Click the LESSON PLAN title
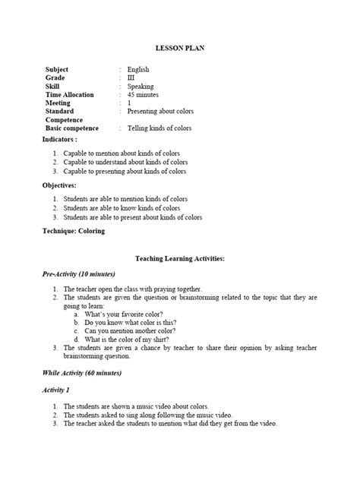pyautogui.click(x=179, y=48)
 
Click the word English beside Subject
pyautogui.click(x=138, y=69)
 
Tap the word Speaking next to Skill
pyautogui.click(x=141, y=86)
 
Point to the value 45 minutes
pyautogui.click(x=144, y=94)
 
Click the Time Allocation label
pyautogui.click(x=70, y=94)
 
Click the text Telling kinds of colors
pyautogui.click(x=159, y=128)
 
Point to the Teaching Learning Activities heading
pyautogui.click(x=179, y=258)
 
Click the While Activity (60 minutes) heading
pyautogui.click(x=82, y=373)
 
